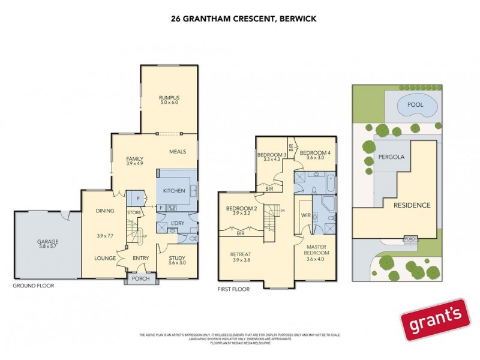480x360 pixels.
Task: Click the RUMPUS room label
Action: pyautogui.click(x=169, y=97)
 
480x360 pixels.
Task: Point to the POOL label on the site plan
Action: pyautogui.click(x=415, y=105)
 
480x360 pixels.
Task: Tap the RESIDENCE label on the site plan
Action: pyautogui.click(x=412, y=205)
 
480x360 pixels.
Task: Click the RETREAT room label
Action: pyautogui.click(x=240, y=254)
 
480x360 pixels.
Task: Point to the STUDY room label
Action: pyautogui.click(x=177, y=259)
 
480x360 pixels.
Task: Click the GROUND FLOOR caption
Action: pyautogui.click(x=34, y=286)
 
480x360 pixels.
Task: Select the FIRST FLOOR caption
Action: pyautogui.click(x=233, y=289)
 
